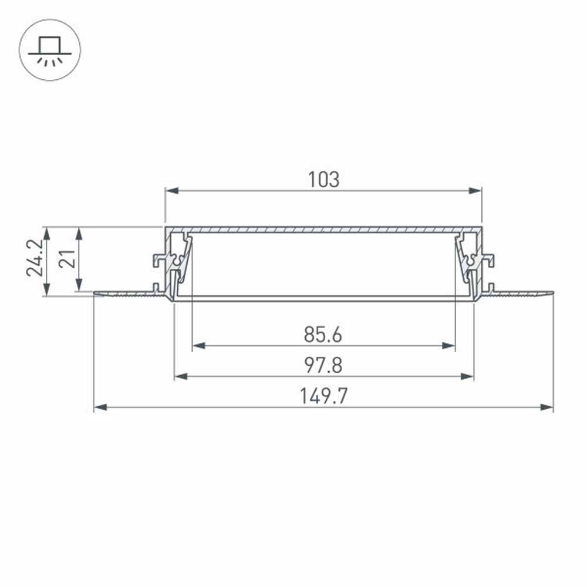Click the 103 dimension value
(323, 180)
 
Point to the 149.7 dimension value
(323, 397)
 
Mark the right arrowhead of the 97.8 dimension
(468, 376)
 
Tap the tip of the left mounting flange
(96, 292)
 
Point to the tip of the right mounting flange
(551, 292)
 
